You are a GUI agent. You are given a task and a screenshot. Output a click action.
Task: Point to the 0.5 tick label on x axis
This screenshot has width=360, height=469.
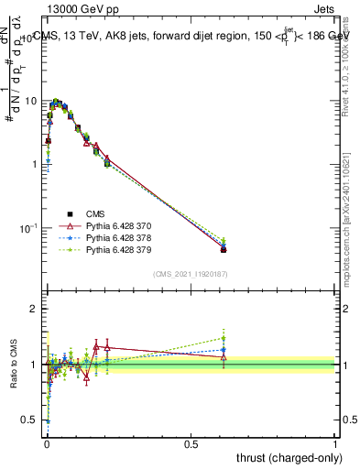coord(191,444)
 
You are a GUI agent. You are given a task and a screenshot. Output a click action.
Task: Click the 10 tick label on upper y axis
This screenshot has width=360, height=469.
coord(29,101)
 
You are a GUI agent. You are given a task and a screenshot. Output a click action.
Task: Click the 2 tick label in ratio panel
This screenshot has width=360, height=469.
coord(33,310)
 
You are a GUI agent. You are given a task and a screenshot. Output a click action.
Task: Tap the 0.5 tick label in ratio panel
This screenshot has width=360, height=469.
coord(29,420)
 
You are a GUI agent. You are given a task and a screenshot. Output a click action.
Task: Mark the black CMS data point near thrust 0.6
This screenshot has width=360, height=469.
coord(224,249)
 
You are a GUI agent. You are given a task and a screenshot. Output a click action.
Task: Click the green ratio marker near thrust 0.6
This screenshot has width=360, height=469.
coord(224,338)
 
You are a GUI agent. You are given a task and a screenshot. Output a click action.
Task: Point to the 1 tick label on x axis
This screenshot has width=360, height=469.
coord(335,444)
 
